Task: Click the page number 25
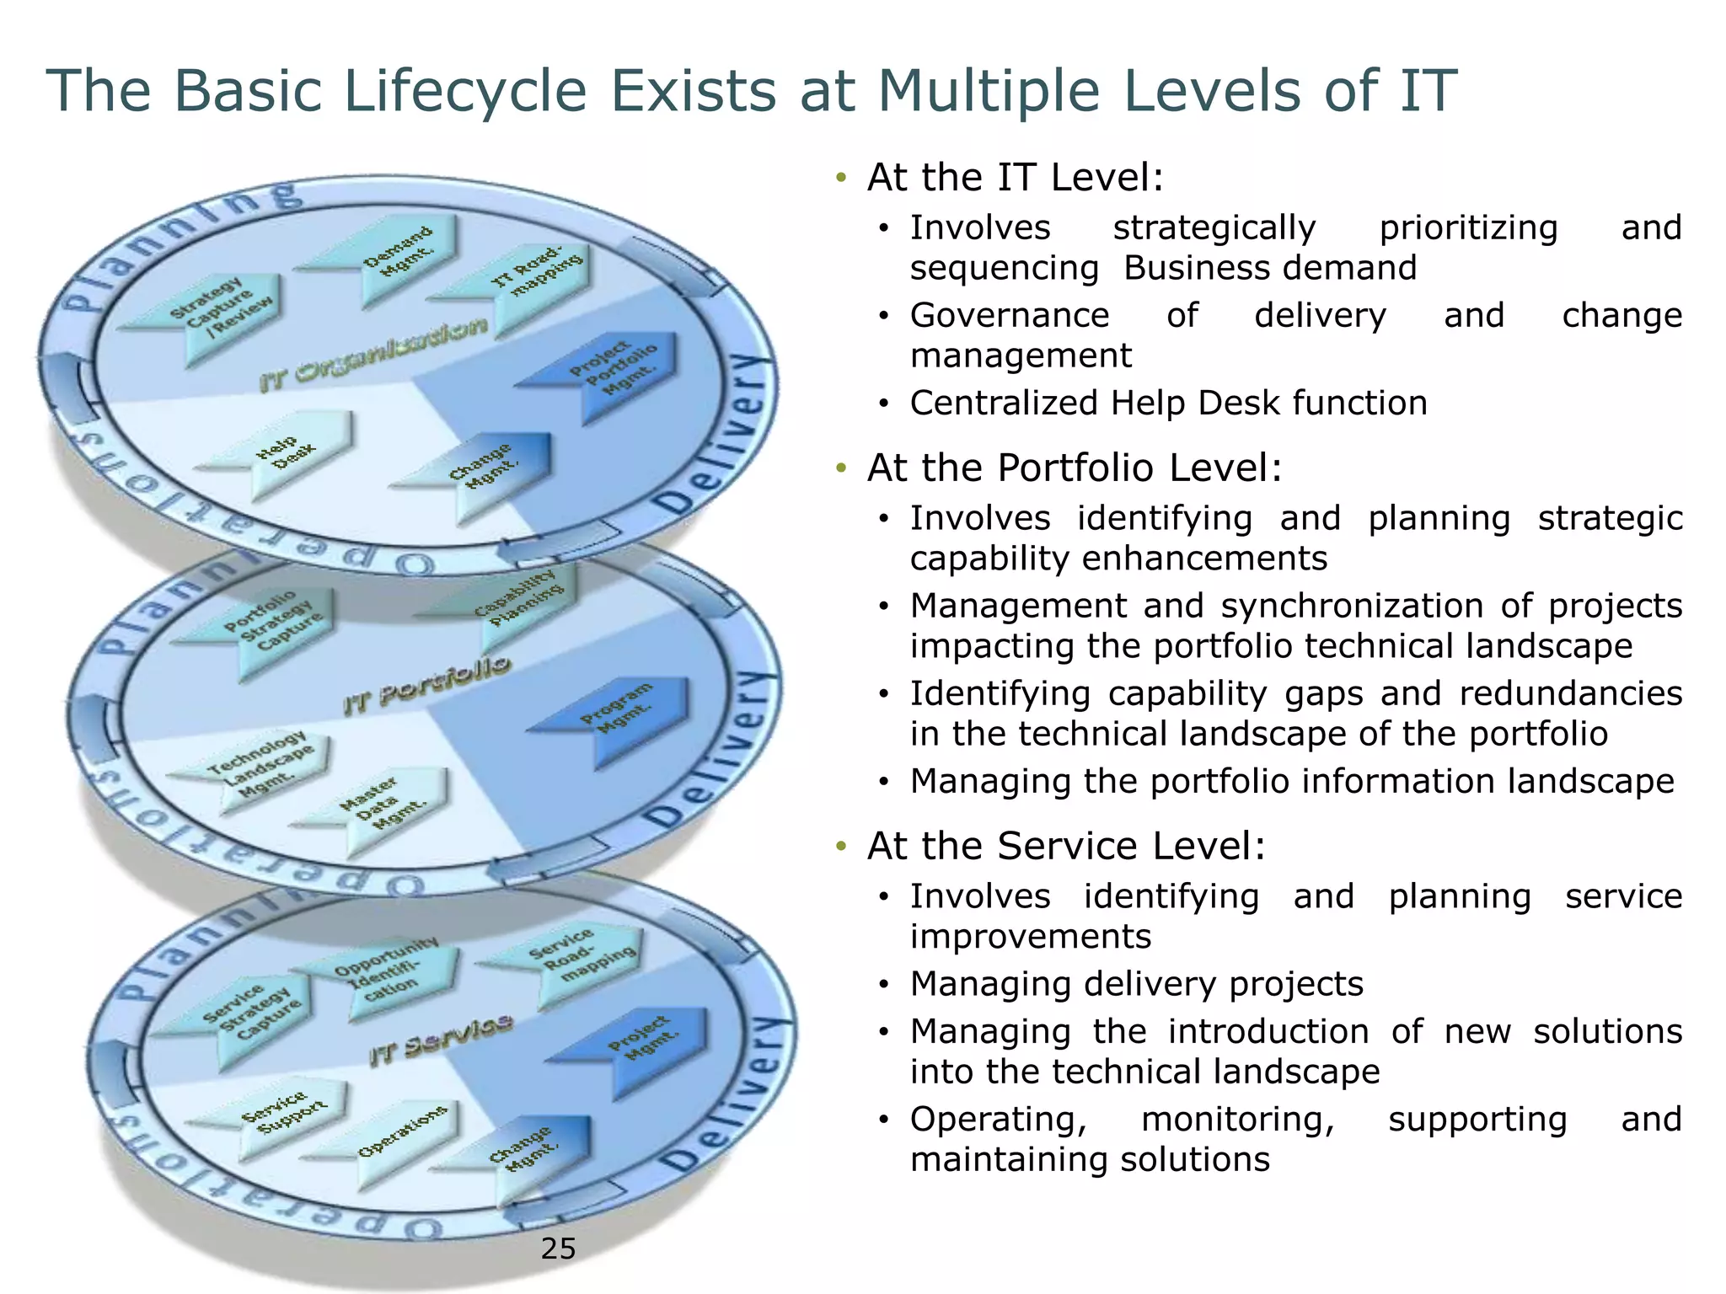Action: point(558,1249)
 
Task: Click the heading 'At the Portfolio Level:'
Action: point(1074,468)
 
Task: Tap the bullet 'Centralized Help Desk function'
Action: point(1168,404)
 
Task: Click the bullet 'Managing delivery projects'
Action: point(1136,984)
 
